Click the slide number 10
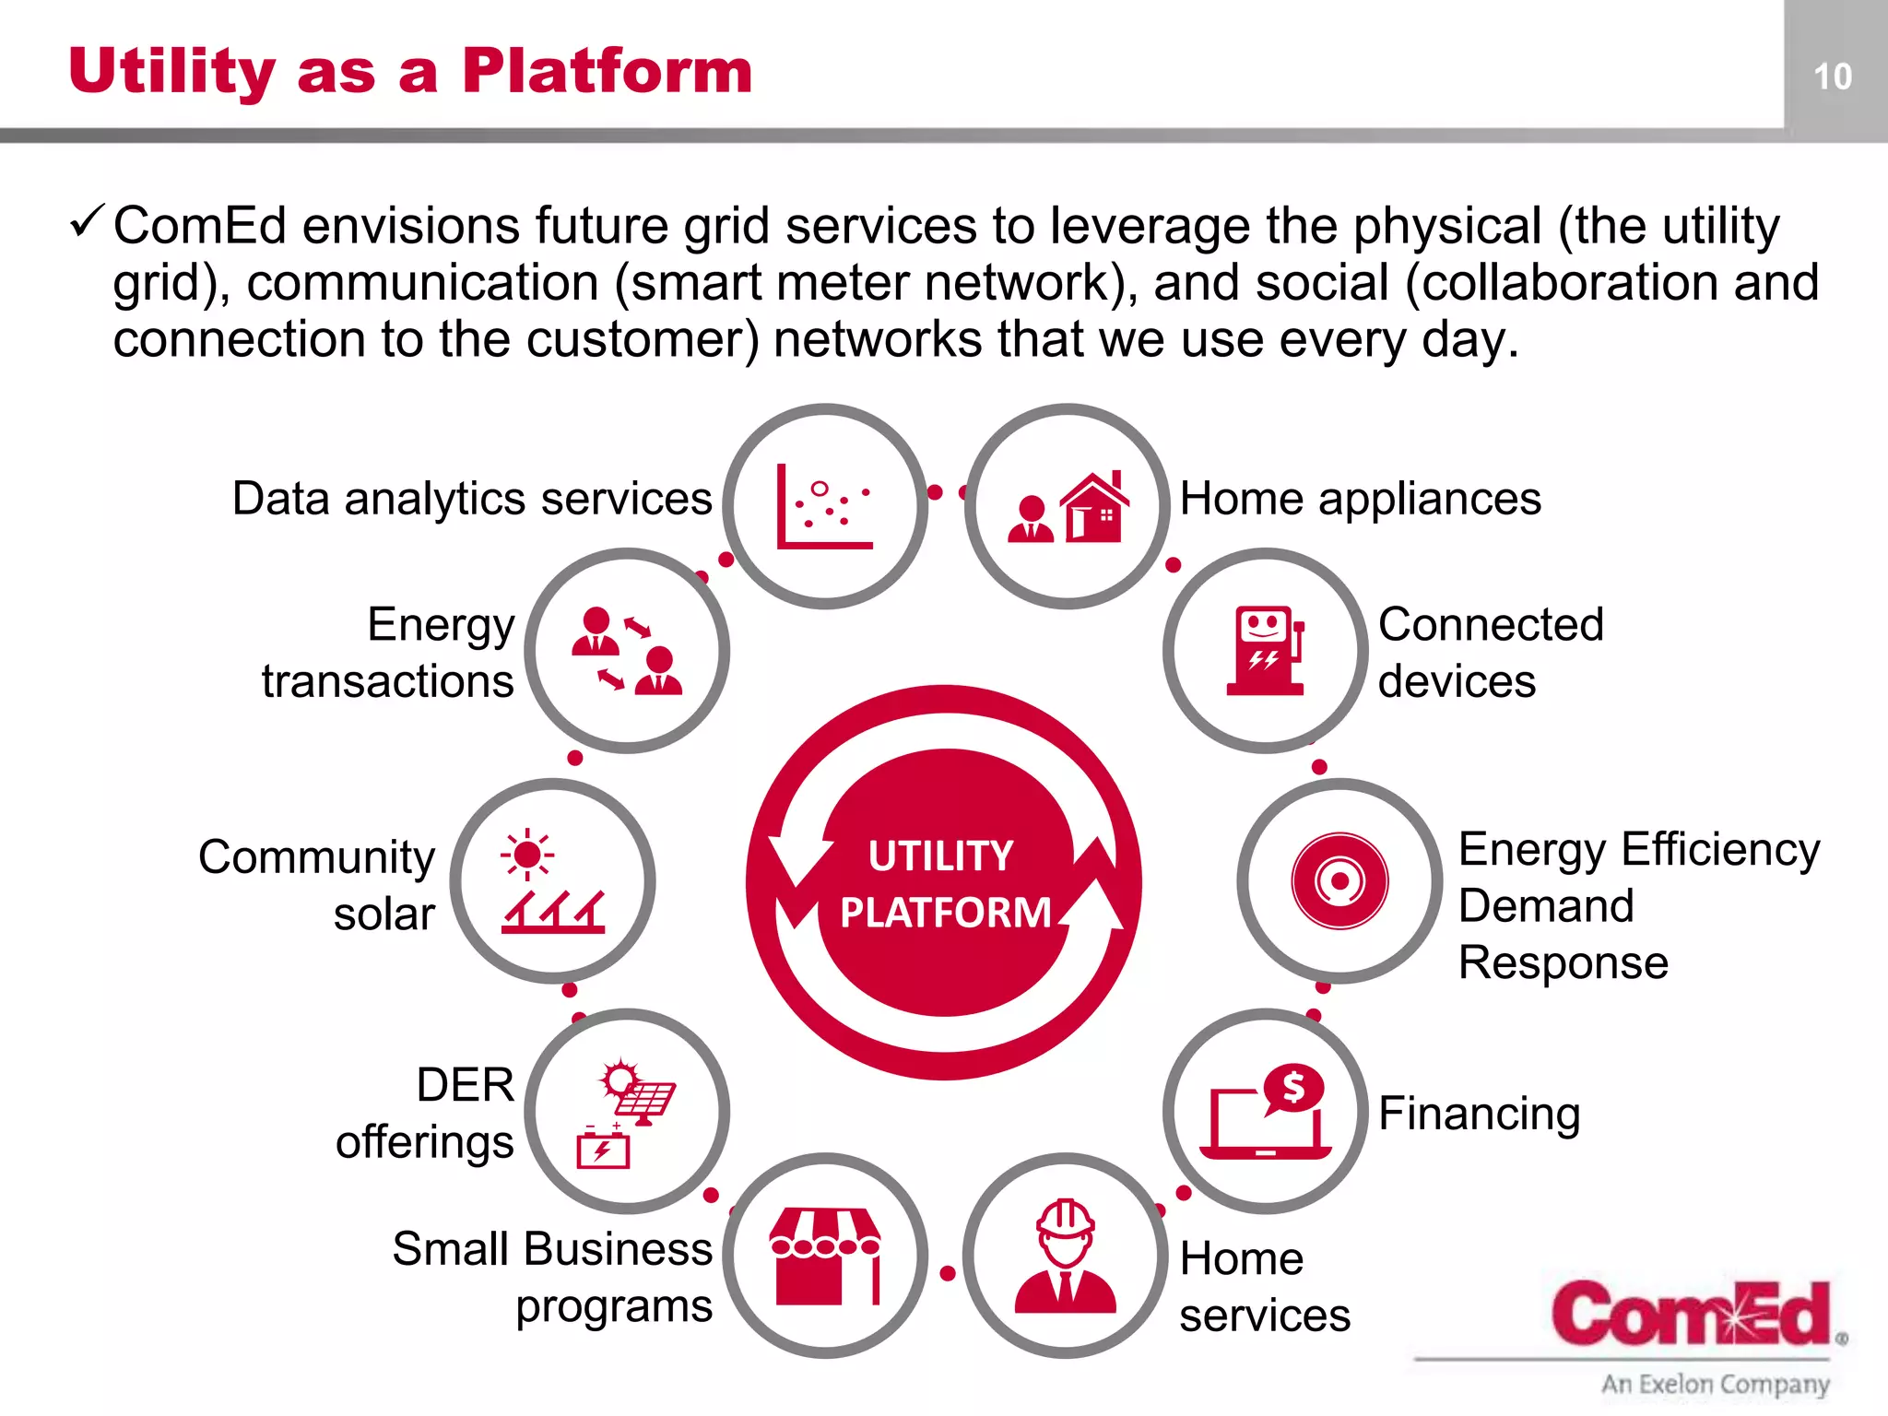1833,77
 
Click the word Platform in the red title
608,71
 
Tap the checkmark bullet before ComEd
88,222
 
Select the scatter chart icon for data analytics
824,507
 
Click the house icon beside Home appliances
1094,507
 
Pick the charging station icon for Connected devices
1266,651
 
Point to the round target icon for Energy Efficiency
1339,881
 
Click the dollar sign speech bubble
1293,1089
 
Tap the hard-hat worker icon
1066,1256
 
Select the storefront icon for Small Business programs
825,1256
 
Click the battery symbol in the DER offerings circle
603,1149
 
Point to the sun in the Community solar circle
527,855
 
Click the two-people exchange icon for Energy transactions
627,651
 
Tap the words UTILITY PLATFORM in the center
944,883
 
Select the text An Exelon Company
1715,1384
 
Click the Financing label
1480,1113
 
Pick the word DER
465,1084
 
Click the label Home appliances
1360,499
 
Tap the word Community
316,857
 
